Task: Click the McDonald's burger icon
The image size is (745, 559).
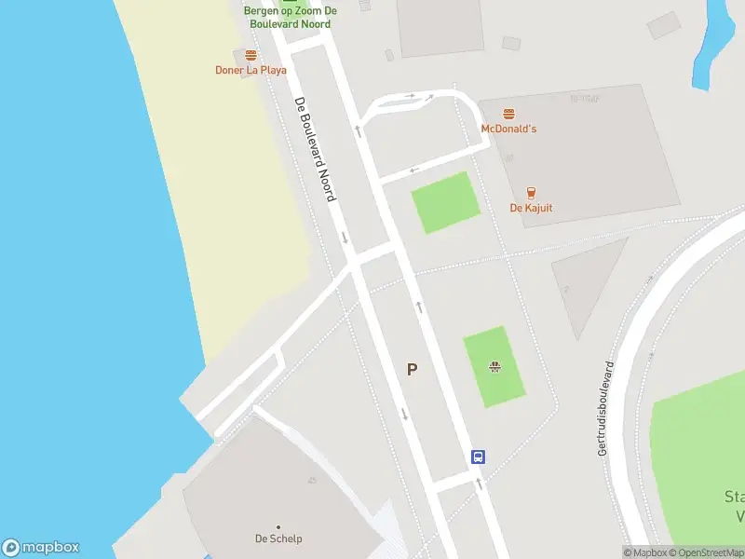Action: point(508,114)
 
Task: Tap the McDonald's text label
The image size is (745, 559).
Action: point(508,129)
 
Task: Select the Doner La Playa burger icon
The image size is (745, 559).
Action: point(251,56)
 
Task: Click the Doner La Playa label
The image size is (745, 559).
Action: point(251,70)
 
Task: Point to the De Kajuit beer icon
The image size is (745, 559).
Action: point(531,193)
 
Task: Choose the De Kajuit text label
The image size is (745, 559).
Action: point(531,208)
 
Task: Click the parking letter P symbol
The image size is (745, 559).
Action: point(412,370)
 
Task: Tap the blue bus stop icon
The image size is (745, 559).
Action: point(478,457)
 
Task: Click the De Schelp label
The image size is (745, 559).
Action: point(278,539)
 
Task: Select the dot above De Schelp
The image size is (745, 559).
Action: point(278,526)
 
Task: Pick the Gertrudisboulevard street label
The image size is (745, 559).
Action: point(606,408)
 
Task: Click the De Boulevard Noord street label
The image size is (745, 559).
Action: point(315,150)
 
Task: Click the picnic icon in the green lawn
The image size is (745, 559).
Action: point(494,366)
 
